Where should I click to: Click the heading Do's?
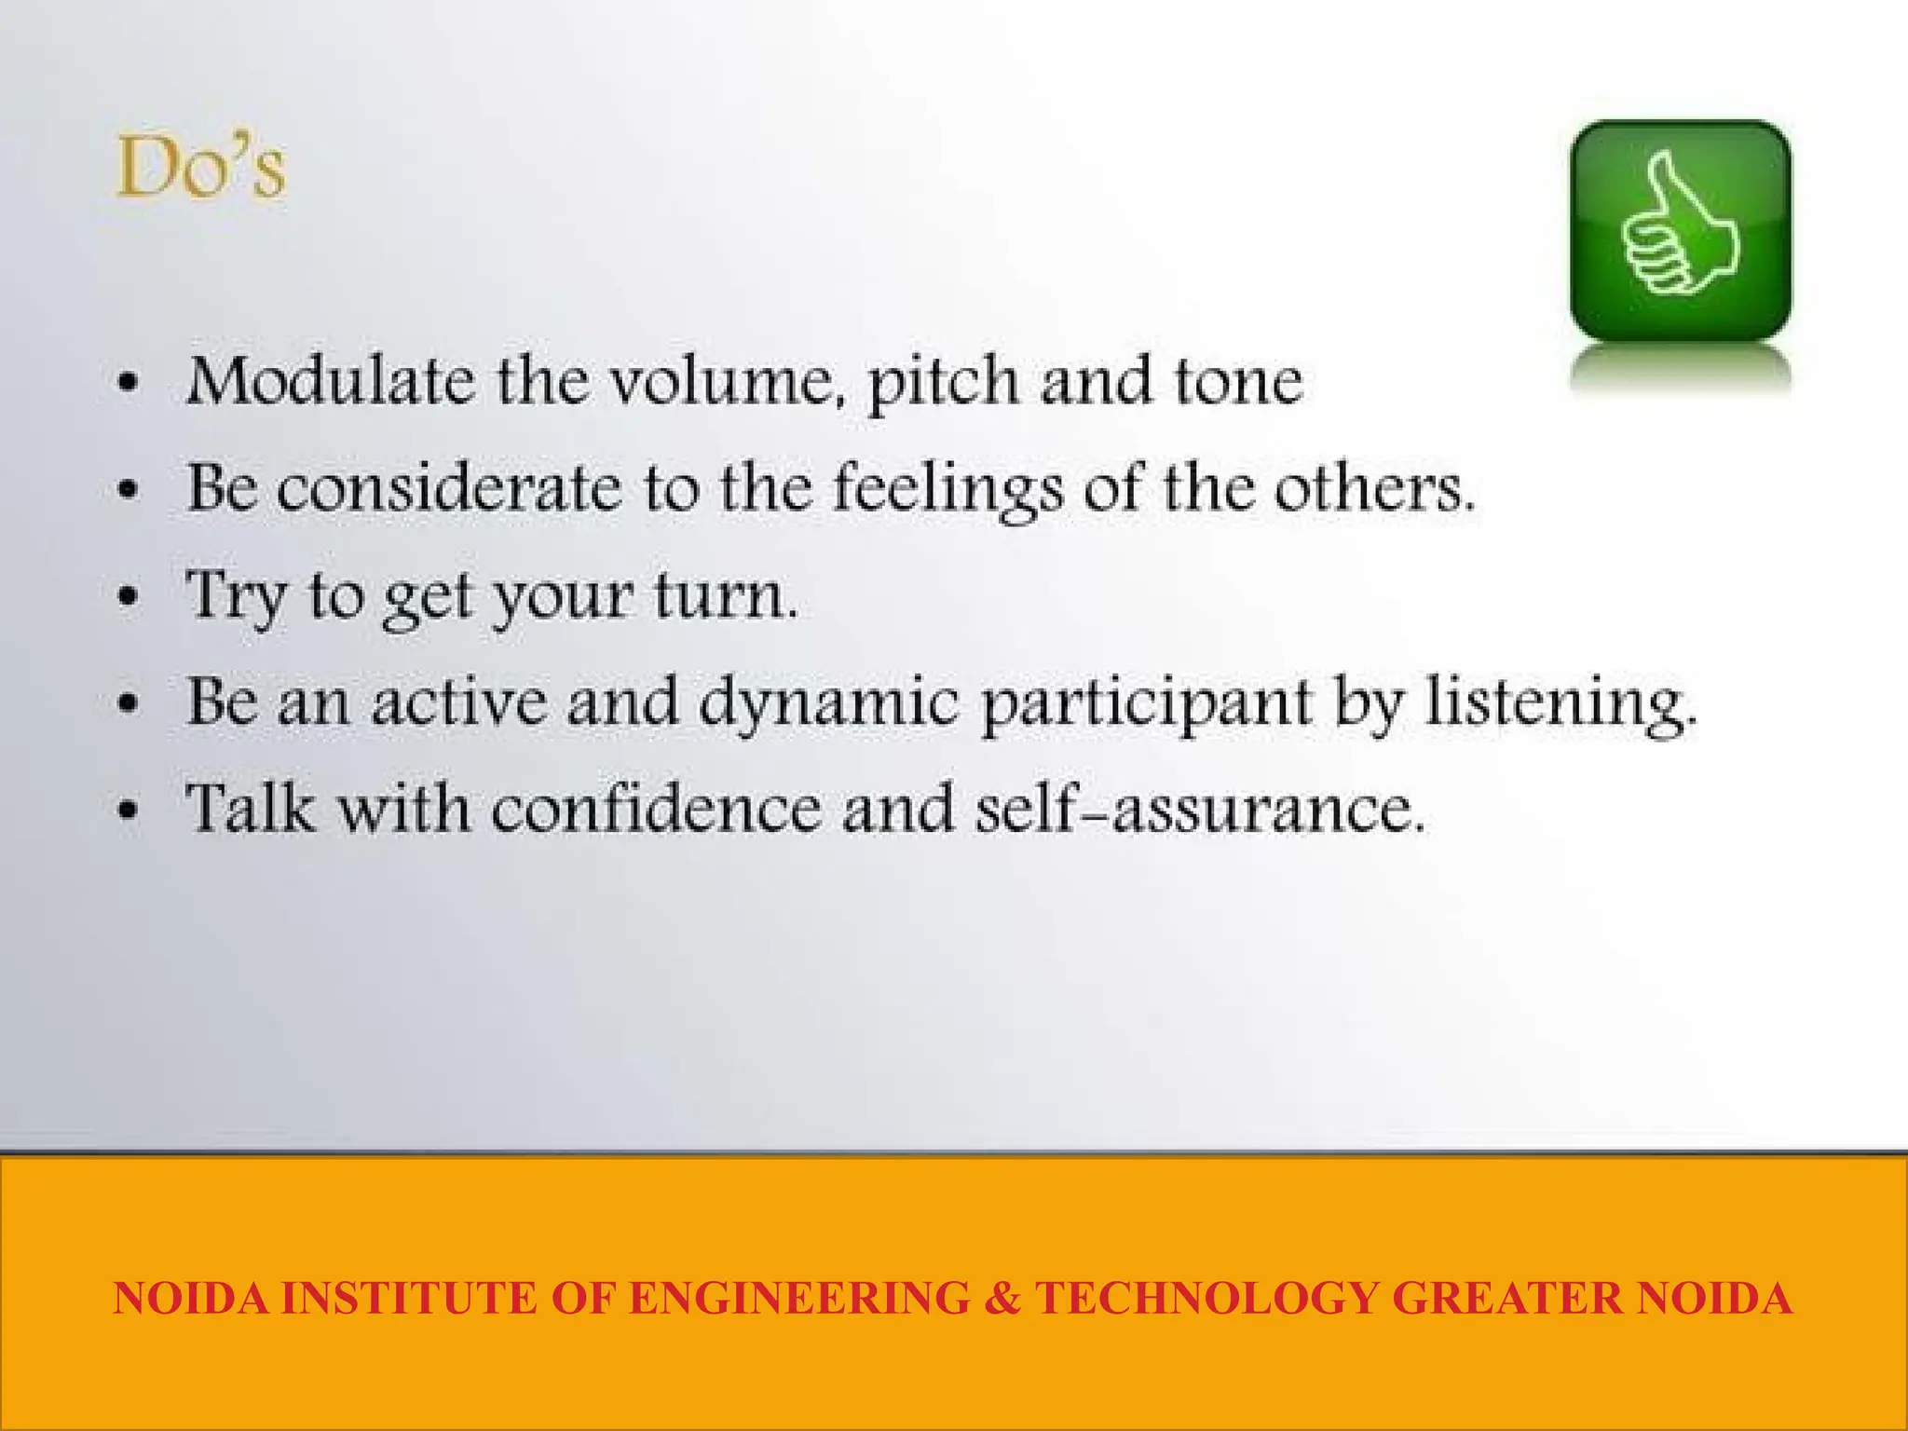coord(200,169)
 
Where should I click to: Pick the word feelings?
coord(947,490)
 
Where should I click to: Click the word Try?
coord(236,596)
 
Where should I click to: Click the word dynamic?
coord(828,702)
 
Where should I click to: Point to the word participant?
coord(1147,704)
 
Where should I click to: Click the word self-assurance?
coord(1200,808)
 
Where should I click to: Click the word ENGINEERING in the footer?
coord(798,1298)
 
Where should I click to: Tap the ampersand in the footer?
coord(1002,1298)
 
